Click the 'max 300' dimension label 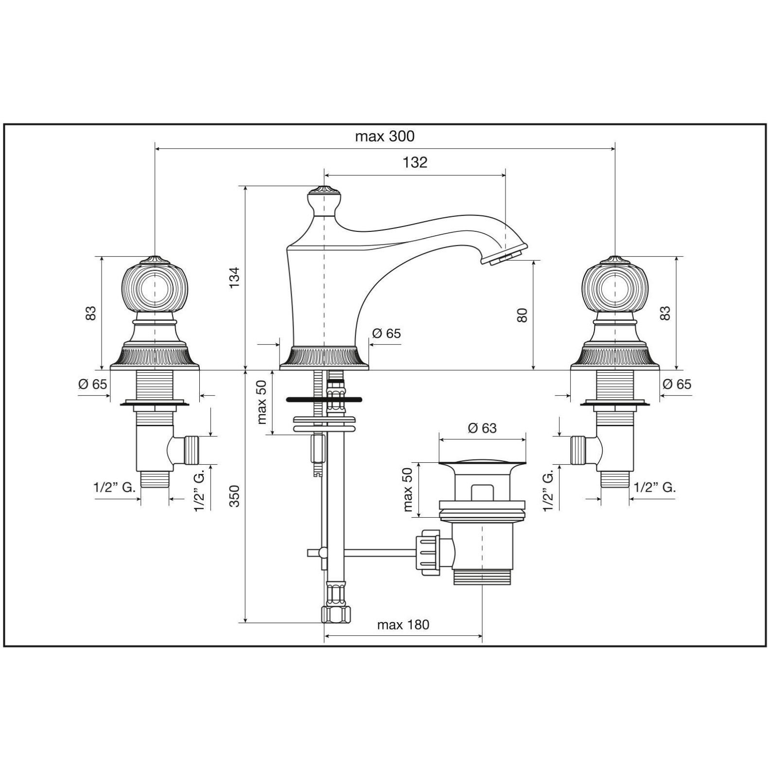coord(384,136)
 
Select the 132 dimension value coord(415,162)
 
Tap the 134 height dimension coord(235,278)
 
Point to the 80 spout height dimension coord(522,315)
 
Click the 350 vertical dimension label coord(235,496)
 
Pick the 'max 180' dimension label coord(403,624)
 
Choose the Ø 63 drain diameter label coord(482,428)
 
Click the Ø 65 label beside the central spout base coord(386,333)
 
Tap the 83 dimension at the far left coord(91,314)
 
